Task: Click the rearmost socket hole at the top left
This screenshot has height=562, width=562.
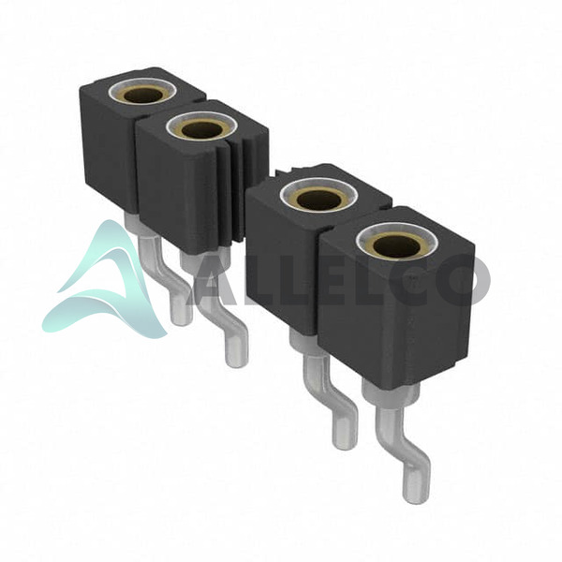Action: (x=143, y=95)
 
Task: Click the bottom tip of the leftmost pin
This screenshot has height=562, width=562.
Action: (x=182, y=322)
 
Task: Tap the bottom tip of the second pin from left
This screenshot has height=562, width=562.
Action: (x=236, y=362)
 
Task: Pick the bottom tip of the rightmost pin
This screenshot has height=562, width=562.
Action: (x=416, y=499)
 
